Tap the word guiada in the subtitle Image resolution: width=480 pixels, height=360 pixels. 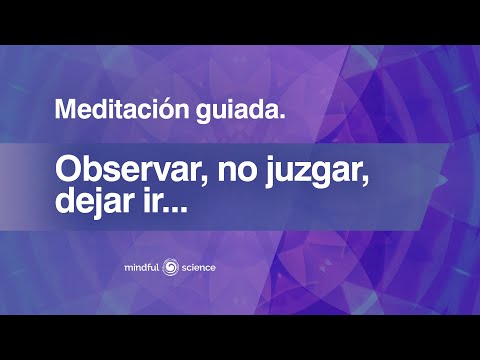[x=243, y=110]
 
